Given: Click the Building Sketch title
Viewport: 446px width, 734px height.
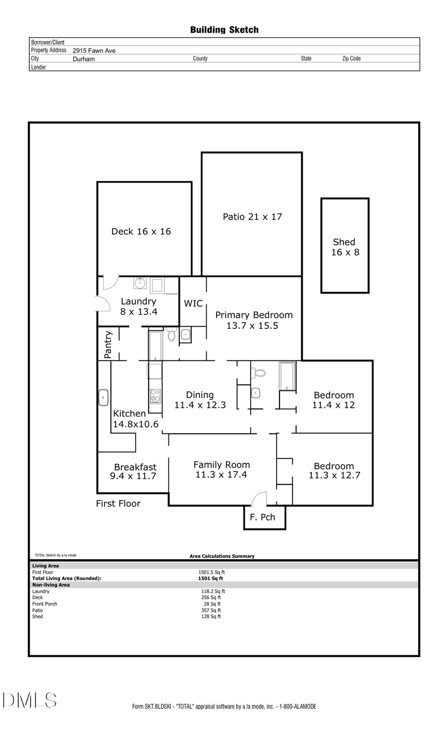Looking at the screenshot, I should (x=224, y=30).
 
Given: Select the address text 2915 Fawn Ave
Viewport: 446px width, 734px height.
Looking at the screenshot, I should (x=94, y=50).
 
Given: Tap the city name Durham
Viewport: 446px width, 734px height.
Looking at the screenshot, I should (x=83, y=59).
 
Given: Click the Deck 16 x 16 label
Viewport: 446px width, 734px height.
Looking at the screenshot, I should (x=141, y=231).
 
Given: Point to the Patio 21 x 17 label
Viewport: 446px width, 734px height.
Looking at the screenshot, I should (x=252, y=216).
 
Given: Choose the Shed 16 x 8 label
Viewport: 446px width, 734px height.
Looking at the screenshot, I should (x=345, y=247).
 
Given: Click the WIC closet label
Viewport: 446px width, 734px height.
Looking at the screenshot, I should (x=193, y=303).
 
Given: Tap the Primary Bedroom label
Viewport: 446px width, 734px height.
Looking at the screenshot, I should (x=253, y=320).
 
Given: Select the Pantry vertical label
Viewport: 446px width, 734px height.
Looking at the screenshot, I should (x=108, y=344).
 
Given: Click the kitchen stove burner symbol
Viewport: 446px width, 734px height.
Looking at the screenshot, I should (x=155, y=396).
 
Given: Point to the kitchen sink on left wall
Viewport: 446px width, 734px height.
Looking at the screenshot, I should (x=104, y=397).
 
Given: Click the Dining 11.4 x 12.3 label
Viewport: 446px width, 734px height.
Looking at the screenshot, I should (x=200, y=399).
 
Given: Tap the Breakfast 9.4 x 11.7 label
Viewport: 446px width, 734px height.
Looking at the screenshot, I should (x=134, y=471).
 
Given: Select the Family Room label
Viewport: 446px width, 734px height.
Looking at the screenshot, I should (x=221, y=469).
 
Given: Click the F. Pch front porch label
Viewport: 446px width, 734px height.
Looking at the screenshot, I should (x=262, y=517).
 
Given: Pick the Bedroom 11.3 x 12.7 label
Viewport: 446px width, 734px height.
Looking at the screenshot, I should (x=334, y=470).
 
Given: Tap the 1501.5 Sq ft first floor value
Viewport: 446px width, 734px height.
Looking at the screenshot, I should (x=212, y=572).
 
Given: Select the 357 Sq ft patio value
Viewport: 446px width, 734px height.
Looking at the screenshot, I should (x=211, y=610).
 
